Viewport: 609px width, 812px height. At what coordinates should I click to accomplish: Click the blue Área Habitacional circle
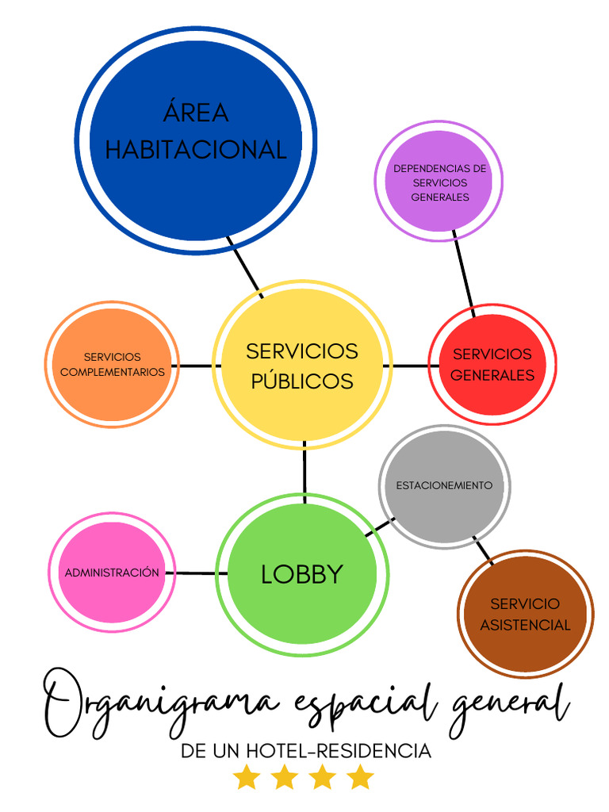[196, 140]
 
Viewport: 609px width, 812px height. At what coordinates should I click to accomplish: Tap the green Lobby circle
[302, 574]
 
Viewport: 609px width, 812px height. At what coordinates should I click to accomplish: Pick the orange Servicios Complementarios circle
[112, 365]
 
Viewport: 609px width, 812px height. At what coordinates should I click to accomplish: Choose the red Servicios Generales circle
[492, 365]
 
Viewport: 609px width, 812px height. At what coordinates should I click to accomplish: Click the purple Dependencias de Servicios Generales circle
[439, 182]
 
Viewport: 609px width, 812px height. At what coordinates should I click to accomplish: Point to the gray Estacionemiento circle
[445, 486]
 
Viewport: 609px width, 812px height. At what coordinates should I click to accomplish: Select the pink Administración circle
[112, 572]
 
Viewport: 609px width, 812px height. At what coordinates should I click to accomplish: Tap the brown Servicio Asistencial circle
[525, 615]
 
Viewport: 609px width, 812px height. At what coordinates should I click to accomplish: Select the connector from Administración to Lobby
[196, 573]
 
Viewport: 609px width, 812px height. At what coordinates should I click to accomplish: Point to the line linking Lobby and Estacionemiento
[380, 528]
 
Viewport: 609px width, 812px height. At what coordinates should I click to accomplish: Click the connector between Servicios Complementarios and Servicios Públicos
[195, 366]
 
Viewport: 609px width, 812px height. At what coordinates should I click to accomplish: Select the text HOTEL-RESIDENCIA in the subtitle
[339, 751]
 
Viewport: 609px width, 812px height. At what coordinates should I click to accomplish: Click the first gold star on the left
[246, 778]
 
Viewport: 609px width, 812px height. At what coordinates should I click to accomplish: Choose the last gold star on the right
[360, 778]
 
